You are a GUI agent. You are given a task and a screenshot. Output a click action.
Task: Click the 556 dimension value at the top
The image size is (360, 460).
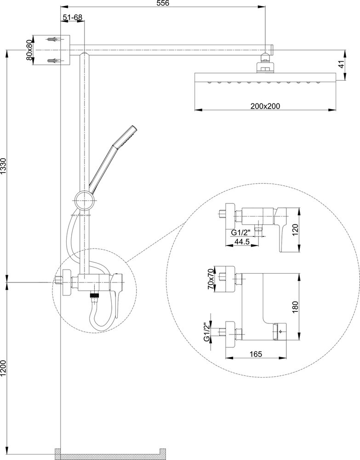click(x=163, y=4)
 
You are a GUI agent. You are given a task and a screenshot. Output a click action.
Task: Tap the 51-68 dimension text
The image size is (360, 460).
click(x=72, y=17)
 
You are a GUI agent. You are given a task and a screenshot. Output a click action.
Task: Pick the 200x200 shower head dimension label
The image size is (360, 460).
click(x=265, y=106)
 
